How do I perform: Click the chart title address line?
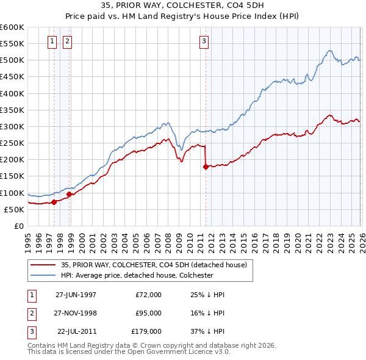click(x=183, y=5)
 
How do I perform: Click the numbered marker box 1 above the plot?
click(x=52, y=41)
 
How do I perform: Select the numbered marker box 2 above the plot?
click(x=66, y=41)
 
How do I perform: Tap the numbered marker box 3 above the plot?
click(x=203, y=41)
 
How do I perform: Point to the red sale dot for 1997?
click(x=54, y=202)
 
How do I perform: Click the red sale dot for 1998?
click(x=70, y=195)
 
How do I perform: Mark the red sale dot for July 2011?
click(x=206, y=167)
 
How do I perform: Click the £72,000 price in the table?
click(x=148, y=295)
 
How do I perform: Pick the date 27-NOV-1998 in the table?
click(x=76, y=313)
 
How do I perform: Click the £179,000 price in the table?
click(x=146, y=331)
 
